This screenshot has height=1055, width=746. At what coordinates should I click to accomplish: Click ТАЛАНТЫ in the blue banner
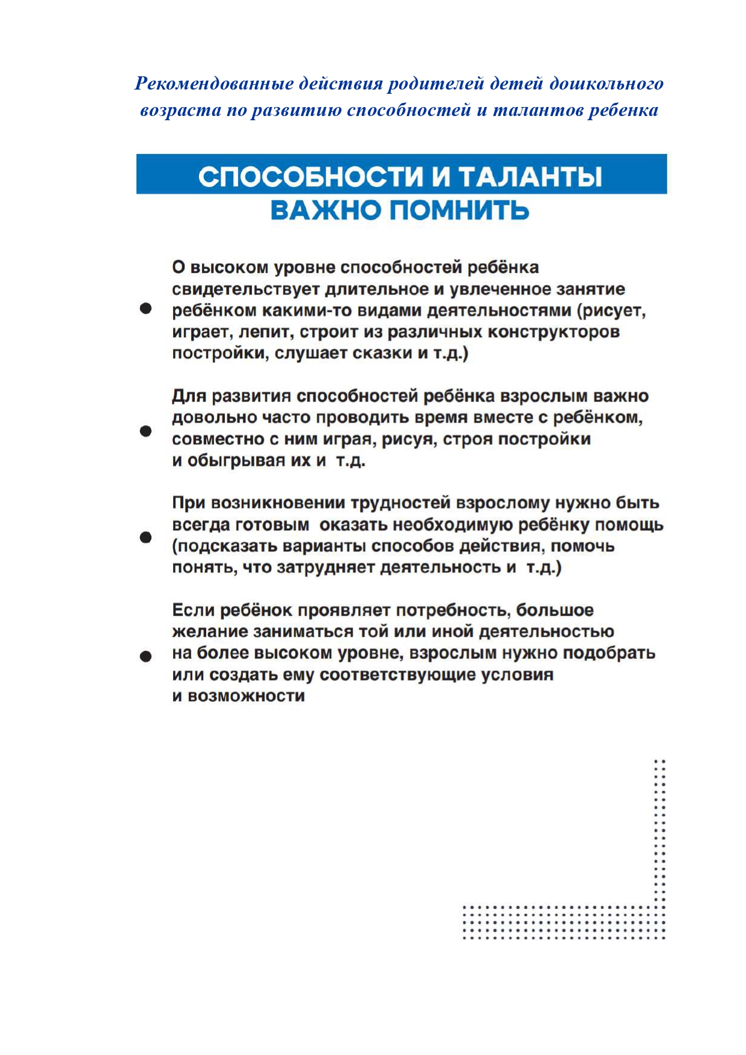530,177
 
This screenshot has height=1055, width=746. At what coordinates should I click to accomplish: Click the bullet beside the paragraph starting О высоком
145,309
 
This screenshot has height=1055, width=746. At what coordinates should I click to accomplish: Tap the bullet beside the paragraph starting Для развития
145,431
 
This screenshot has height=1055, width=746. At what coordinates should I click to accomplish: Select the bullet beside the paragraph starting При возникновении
145,537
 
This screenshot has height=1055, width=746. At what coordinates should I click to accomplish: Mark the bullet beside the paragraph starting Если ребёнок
145,656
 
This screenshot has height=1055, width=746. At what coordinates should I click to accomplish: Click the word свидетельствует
245,289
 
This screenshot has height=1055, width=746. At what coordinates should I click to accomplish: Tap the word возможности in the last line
246,696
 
